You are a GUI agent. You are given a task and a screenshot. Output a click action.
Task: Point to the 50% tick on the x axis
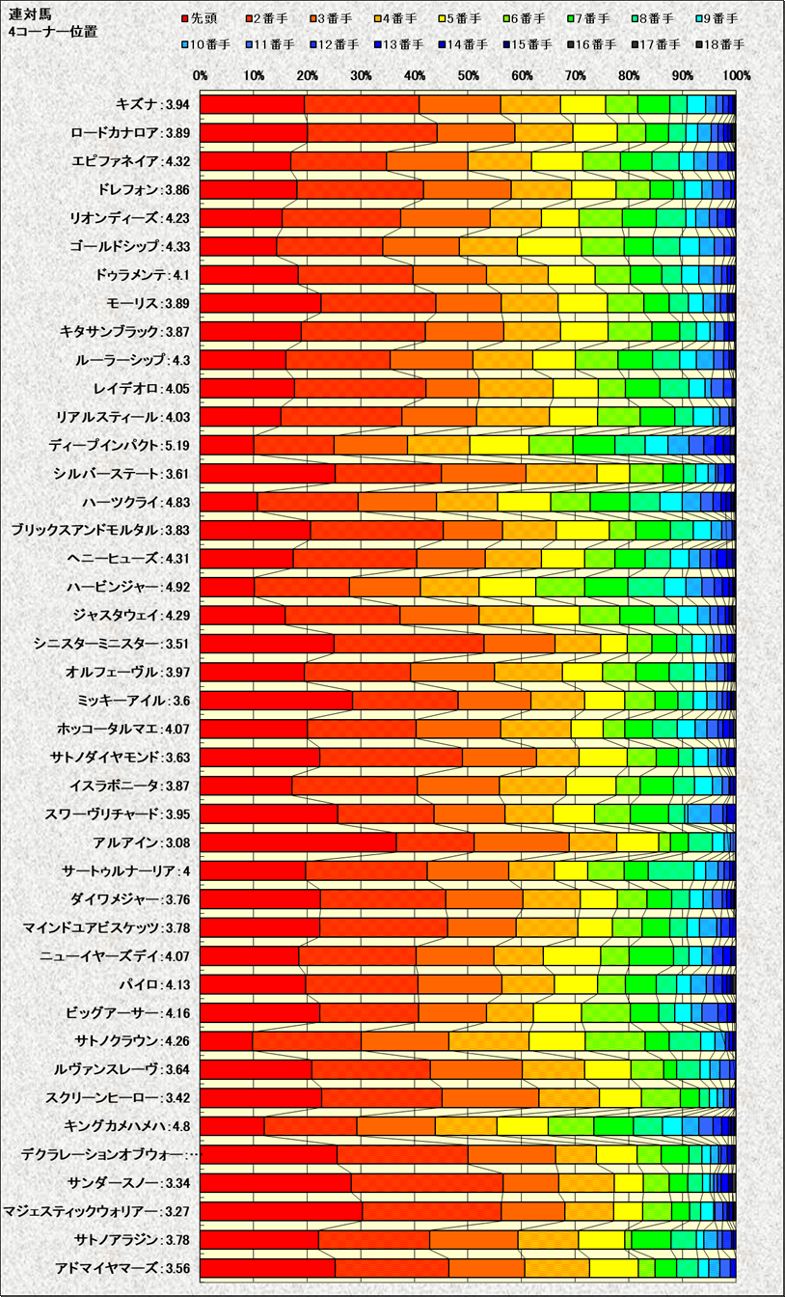tap(468, 75)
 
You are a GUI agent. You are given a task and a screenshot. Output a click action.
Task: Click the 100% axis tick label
tap(736, 75)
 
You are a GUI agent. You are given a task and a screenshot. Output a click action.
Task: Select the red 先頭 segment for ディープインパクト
tap(227, 445)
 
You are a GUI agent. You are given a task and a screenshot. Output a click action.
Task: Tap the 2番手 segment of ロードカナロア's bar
tap(371, 133)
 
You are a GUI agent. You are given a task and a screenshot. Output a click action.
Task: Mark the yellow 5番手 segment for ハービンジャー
tap(507, 587)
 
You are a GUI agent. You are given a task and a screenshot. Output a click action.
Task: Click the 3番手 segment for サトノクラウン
tap(404, 1040)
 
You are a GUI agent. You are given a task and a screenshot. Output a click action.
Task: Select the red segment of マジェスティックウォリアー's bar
tap(281, 1210)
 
